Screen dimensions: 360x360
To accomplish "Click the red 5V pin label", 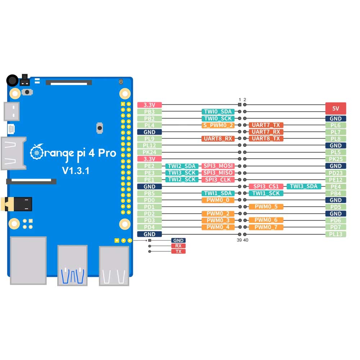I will click(336, 108).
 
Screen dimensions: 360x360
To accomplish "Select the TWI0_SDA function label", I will click(218, 112).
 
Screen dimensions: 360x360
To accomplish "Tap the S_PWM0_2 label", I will click(218, 125).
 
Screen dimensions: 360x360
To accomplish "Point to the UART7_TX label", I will click(266, 125).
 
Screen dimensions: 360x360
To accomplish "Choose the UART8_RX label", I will click(218, 139).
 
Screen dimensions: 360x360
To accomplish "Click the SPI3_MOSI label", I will click(218, 166).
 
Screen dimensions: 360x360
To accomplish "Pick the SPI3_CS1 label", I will click(266, 186).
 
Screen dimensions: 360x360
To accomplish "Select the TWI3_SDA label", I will click(304, 186).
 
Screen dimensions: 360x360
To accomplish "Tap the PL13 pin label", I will click(336, 234).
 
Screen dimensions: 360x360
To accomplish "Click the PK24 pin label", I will click(149, 152).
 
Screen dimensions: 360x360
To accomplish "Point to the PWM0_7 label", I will click(266, 227).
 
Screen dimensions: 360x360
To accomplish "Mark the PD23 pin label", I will click(336, 173).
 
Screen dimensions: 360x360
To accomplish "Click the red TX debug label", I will click(179, 251).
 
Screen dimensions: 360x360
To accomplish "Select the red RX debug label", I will click(179, 246).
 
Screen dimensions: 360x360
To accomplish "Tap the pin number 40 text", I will click(246, 240).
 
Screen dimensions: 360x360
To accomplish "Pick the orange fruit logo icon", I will click(36, 153).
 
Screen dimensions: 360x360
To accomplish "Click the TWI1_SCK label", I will click(266, 193).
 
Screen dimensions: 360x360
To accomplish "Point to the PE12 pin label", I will click(336, 180).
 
